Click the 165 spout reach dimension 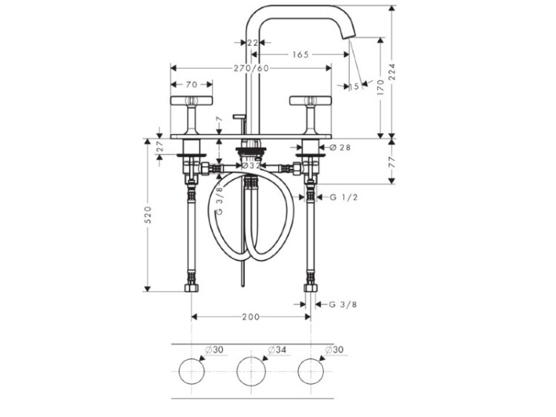[x=301, y=55]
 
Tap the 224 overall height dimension [x=391, y=72]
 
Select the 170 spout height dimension [x=380, y=87]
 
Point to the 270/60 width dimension [x=251, y=68]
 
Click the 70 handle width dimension [x=191, y=84]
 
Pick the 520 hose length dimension [x=148, y=214]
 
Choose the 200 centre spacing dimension [x=251, y=317]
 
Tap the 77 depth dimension [x=391, y=161]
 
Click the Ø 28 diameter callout [x=340, y=147]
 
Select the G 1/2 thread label [x=343, y=197]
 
